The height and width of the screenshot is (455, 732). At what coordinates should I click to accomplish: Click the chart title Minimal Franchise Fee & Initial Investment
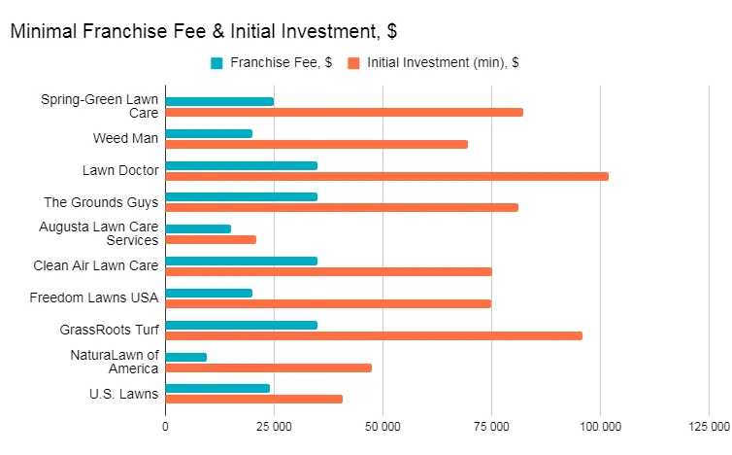203,31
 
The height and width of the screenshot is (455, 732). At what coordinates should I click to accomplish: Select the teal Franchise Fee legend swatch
216,63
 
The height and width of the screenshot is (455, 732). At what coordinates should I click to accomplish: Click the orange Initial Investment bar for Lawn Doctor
386,176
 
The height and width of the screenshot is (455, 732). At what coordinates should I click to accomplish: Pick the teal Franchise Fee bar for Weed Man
209,133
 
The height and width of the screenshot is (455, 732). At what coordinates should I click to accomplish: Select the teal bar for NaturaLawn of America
186,357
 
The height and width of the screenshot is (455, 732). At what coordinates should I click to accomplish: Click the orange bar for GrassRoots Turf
374,335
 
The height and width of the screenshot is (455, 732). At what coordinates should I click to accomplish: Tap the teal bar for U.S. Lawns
217,388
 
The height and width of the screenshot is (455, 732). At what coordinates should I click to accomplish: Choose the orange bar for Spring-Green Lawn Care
345,112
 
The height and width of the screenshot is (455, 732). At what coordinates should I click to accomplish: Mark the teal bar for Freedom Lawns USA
209,293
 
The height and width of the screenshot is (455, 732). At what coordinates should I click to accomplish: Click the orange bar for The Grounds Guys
342,207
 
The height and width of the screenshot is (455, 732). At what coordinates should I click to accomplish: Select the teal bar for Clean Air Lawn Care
242,261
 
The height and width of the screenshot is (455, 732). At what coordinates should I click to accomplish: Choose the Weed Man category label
125,138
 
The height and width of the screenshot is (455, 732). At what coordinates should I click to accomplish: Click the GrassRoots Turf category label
111,330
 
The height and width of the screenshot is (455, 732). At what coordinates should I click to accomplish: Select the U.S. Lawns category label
125,393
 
